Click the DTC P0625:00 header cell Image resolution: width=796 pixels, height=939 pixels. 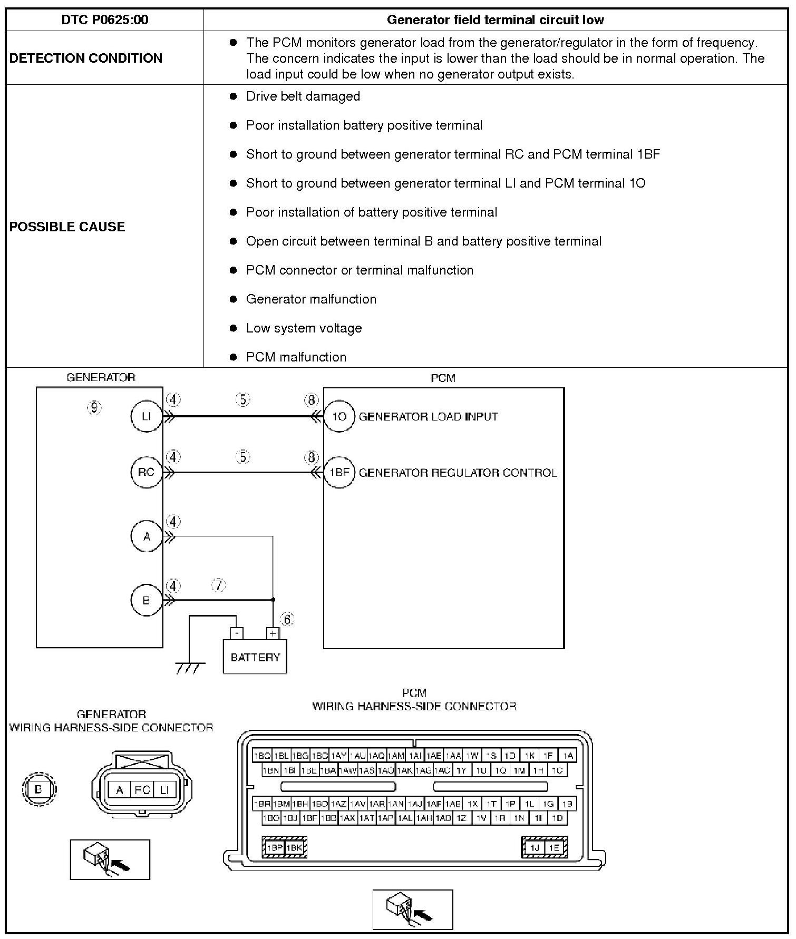point(105,20)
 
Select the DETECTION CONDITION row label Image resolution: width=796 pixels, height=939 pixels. point(86,58)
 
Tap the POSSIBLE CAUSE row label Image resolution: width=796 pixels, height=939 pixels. point(67,227)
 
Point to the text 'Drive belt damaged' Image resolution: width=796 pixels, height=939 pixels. point(303,96)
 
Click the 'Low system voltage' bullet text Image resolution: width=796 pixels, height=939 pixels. point(304,328)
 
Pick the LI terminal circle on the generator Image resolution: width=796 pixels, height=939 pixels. point(146,416)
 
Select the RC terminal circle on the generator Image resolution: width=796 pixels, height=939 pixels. point(146,472)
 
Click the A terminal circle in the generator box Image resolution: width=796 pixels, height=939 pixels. point(146,536)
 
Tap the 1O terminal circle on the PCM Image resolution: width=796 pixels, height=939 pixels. point(339,416)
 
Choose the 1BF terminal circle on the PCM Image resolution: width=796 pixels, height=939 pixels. point(339,472)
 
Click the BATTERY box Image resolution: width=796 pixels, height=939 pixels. point(255,657)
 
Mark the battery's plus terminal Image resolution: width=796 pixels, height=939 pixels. point(273,633)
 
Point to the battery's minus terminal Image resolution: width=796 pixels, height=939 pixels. point(237,633)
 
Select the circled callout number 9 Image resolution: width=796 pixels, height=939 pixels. point(94,407)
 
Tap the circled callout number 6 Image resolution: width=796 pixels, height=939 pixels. point(287,620)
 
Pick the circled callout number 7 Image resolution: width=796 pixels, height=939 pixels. point(219,585)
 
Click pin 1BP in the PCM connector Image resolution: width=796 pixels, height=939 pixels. point(275,848)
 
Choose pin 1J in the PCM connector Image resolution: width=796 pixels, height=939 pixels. point(535,848)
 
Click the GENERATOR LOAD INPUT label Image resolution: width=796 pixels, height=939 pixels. point(428,417)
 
